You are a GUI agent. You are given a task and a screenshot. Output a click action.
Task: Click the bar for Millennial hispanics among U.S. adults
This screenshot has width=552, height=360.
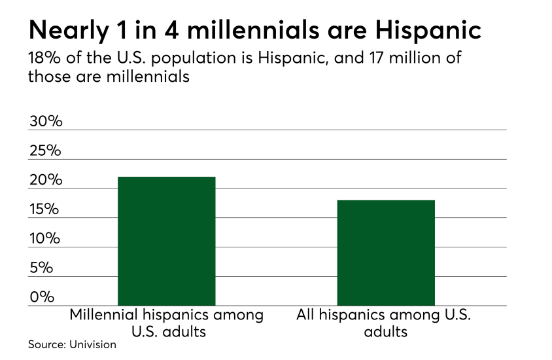click(166, 240)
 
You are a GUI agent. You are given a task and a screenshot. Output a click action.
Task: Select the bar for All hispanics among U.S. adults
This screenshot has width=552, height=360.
click(385, 252)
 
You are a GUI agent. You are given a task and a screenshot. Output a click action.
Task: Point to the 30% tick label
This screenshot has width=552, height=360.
click(44, 122)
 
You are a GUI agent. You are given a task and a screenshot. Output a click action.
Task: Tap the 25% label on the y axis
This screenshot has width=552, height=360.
click(44, 151)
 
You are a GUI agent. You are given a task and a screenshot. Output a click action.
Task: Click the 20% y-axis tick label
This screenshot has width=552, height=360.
click(44, 181)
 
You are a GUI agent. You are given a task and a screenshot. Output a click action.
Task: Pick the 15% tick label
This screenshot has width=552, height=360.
click(44, 209)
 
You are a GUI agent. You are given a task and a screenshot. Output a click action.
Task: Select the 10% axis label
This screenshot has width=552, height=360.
click(44, 238)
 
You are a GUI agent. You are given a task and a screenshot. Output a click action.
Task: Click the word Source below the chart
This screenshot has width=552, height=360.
click(43, 344)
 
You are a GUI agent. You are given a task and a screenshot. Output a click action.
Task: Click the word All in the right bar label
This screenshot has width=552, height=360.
click(306, 315)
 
